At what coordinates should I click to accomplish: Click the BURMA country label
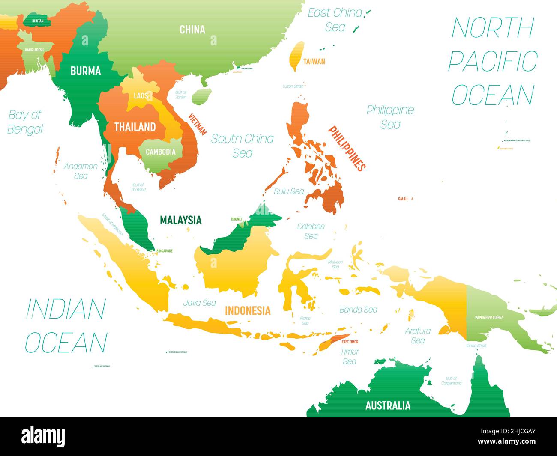pyautogui.click(x=86, y=71)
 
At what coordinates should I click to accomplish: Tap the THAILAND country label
pyautogui.click(x=135, y=127)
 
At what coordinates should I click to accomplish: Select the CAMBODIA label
pyautogui.click(x=160, y=152)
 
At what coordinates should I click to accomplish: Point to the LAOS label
pyautogui.click(x=140, y=96)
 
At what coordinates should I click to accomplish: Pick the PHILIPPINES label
pyautogui.click(x=347, y=148)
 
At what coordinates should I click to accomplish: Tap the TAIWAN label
pyautogui.click(x=314, y=61)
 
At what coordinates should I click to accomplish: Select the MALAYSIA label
pyautogui.click(x=180, y=220)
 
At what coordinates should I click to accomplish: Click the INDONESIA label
pyautogui.click(x=248, y=310)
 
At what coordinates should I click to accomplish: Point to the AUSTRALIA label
pyautogui.click(x=388, y=405)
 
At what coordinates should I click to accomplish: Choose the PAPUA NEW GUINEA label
pyautogui.click(x=489, y=317)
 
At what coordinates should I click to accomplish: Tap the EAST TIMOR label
pyautogui.click(x=350, y=342)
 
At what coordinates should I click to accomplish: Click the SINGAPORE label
pyautogui.click(x=164, y=251)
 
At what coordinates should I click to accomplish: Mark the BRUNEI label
pyautogui.click(x=236, y=219)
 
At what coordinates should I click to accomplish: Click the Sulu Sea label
pyautogui.click(x=289, y=191)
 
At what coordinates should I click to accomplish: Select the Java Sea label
pyautogui.click(x=199, y=303)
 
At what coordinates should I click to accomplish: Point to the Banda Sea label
pyautogui.click(x=358, y=309)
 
